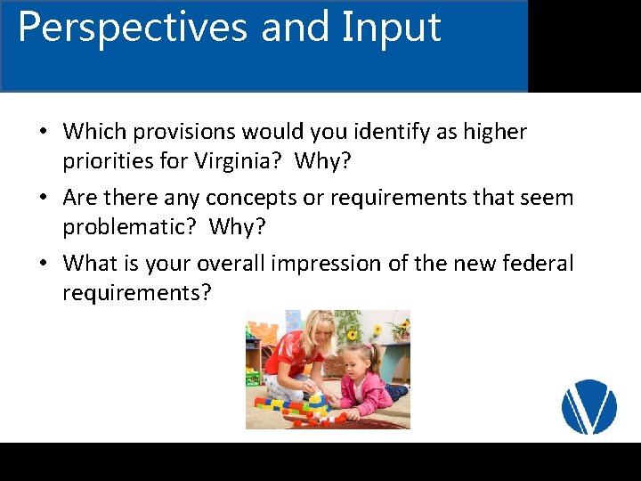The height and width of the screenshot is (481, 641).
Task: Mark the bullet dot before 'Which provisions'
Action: pyautogui.click(x=43, y=133)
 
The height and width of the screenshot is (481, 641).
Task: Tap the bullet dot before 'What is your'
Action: pyautogui.click(x=43, y=265)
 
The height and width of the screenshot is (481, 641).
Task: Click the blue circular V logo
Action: pyautogui.click(x=588, y=407)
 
